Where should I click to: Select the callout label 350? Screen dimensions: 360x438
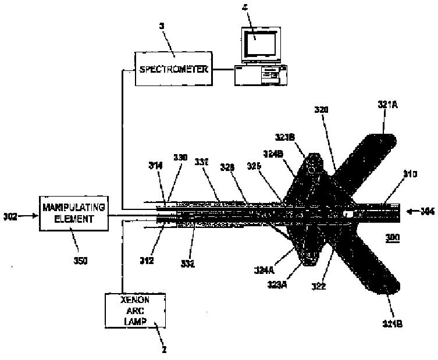(x=80, y=261)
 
